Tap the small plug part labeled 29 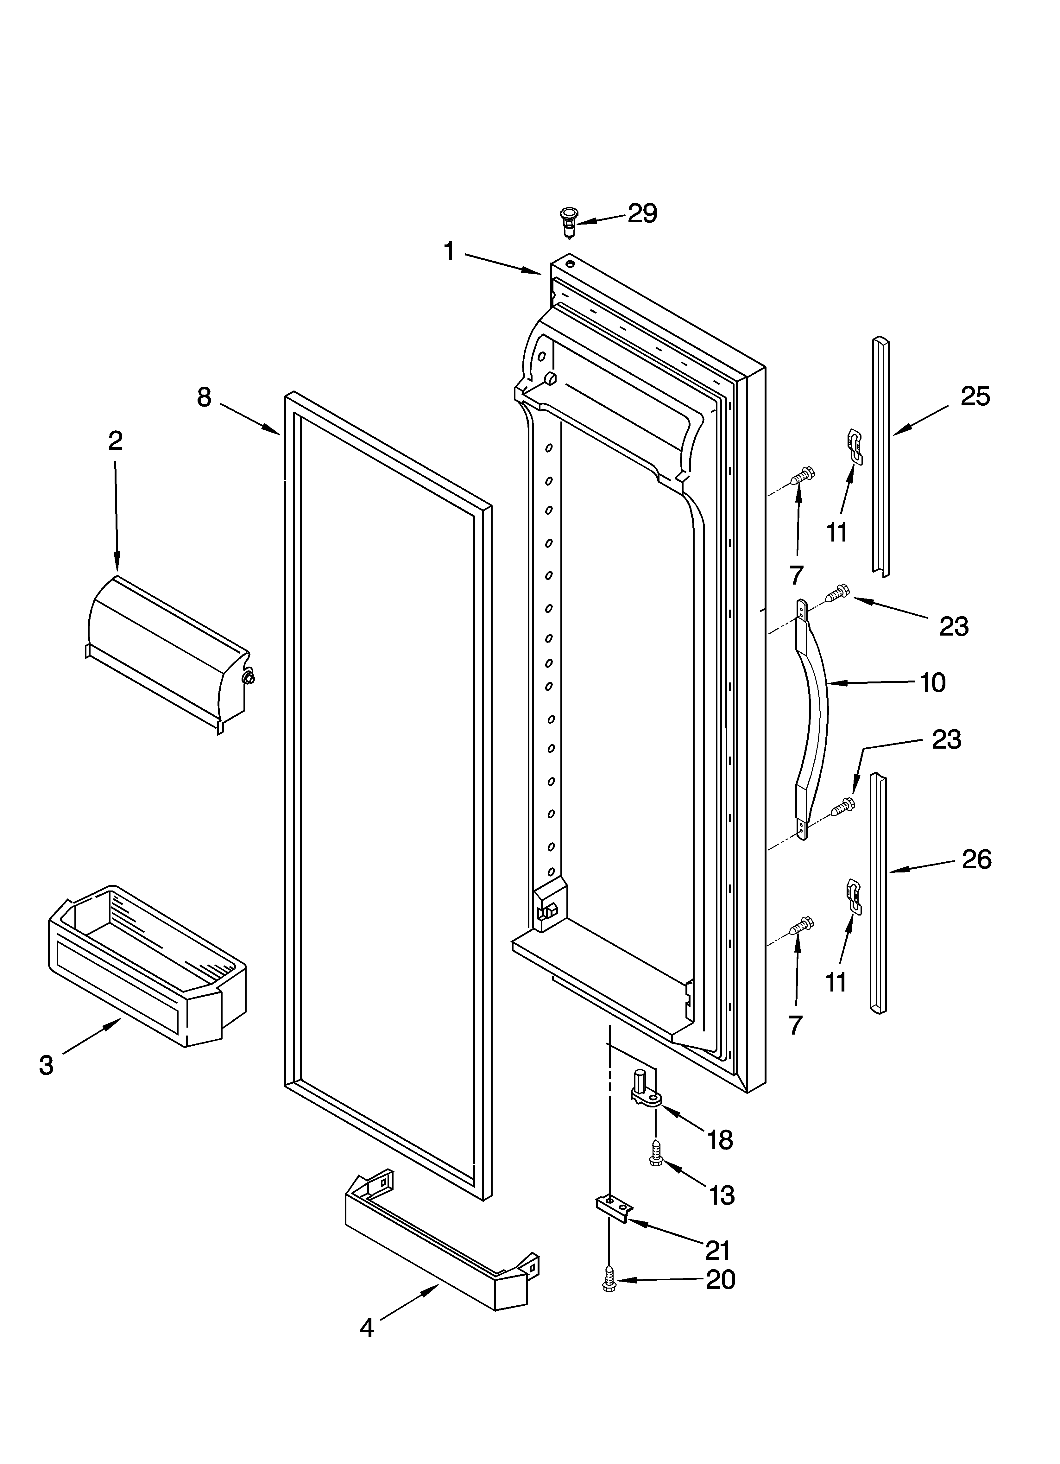pos(569,220)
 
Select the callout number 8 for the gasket pos(204,398)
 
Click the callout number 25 pos(975,396)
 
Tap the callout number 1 pos(450,251)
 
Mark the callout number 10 pos(932,682)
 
